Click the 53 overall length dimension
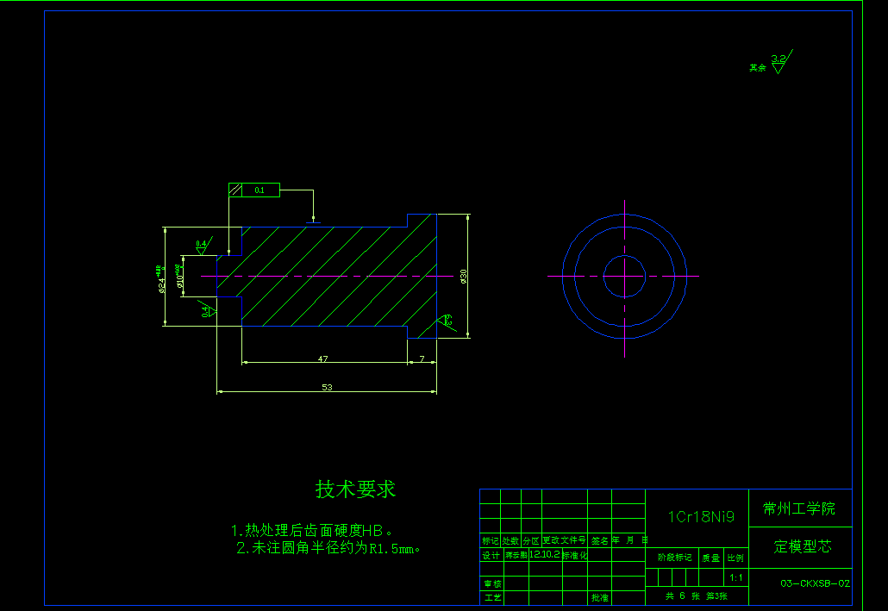tap(327, 387)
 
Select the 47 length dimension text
tap(322, 358)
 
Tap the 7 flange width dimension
tap(422, 358)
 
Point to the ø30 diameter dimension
tap(464, 276)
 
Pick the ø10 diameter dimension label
tap(179, 277)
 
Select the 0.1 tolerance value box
tap(260, 190)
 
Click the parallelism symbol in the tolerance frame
tap(235, 190)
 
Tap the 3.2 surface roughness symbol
tap(779, 62)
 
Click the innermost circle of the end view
tap(624, 276)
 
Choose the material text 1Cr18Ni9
tap(701, 517)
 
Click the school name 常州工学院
tap(798, 508)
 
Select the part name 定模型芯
tap(803, 546)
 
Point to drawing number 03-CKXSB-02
tap(815, 583)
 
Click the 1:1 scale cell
tap(735, 577)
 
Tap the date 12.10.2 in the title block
tap(544, 556)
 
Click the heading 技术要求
tap(355, 489)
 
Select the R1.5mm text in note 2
tap(393, 548)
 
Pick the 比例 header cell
tap(735, 558)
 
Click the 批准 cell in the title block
tap(599, 596)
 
